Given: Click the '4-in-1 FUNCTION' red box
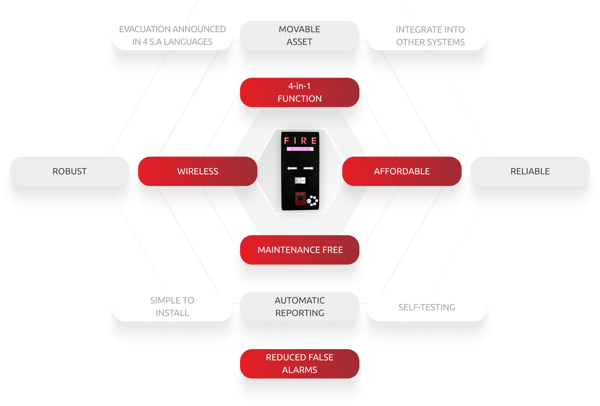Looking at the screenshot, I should click(x=299, y=92).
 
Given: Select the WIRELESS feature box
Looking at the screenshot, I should click(x=198, y=171).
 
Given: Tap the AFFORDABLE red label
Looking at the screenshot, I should click(x=402, y=171).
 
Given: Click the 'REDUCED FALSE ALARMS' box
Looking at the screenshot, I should click(x=299, y=364).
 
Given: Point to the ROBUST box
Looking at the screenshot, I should click(x=69, y=171).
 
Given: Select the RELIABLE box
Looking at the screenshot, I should click(x=530, y=171).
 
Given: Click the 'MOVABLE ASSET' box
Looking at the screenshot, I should click(x=299, y=35).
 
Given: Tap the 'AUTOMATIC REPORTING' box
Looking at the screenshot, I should click(x=299, y=307).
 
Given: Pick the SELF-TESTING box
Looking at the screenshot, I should click(x=427, y=307).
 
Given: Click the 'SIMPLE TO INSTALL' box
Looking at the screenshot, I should click(x=172, y=307).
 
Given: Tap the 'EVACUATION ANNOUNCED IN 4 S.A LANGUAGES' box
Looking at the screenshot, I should click(x=172, y=35).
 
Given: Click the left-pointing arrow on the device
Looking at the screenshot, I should click(x=292, y=168).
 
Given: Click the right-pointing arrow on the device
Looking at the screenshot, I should click(x=308, y=168).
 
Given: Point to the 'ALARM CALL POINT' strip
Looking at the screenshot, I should click(x=300, y=149).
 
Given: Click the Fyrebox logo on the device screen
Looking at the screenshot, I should click(x=300, y=181).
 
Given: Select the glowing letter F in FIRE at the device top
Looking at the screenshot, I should click(x=286, y=141).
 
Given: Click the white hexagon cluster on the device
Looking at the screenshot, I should click(x=313, y=201).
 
